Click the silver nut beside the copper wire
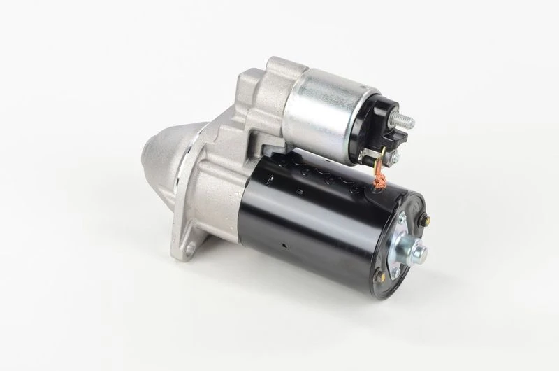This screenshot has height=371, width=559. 393,160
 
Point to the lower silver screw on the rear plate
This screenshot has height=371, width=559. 395,272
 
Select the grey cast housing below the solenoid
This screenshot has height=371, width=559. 217,189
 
